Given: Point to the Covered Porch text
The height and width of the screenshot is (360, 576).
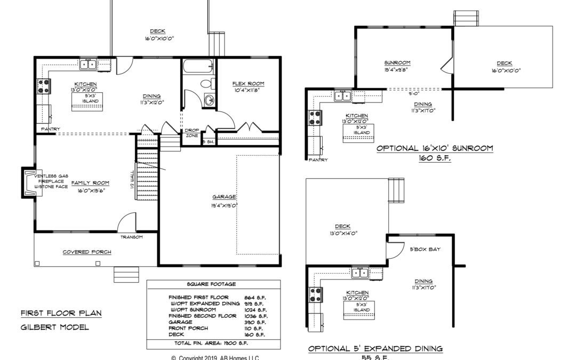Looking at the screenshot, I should coord(87,252).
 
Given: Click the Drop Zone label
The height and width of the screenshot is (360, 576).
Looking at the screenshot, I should coord(191,133).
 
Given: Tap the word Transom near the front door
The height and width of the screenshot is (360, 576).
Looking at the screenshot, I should coord(131,237).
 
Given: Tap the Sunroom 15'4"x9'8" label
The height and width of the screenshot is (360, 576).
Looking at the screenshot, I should coord(397,66).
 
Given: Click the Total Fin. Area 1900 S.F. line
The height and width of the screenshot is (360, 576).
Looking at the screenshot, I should coord(213,343).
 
